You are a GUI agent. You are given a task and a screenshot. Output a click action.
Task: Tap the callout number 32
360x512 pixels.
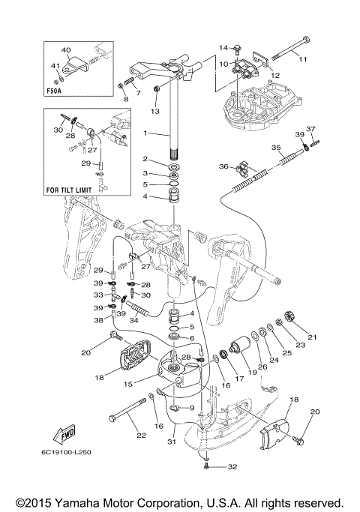232,466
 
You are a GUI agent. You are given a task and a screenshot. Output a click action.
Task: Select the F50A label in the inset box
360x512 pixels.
54,91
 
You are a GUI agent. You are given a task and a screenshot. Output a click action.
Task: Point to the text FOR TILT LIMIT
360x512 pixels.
69,190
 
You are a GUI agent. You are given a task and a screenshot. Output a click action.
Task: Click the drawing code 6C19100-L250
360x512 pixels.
66,452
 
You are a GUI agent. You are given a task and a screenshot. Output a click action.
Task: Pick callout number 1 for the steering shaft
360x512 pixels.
145,133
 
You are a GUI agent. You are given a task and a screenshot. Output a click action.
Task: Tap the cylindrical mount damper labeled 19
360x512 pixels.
240,345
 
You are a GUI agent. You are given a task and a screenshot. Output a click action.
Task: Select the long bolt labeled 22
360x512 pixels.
127,409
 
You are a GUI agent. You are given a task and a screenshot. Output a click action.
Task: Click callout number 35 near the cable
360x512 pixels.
276,148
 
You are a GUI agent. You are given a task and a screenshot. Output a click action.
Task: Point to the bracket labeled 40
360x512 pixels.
77,64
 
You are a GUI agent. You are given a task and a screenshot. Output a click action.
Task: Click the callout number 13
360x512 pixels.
155,111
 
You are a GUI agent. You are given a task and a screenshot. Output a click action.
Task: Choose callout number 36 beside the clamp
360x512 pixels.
223,166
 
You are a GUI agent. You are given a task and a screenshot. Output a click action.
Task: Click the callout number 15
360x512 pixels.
128,384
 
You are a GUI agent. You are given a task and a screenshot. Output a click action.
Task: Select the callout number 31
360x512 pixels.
172,442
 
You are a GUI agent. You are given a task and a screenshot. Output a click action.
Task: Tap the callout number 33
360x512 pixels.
98,295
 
